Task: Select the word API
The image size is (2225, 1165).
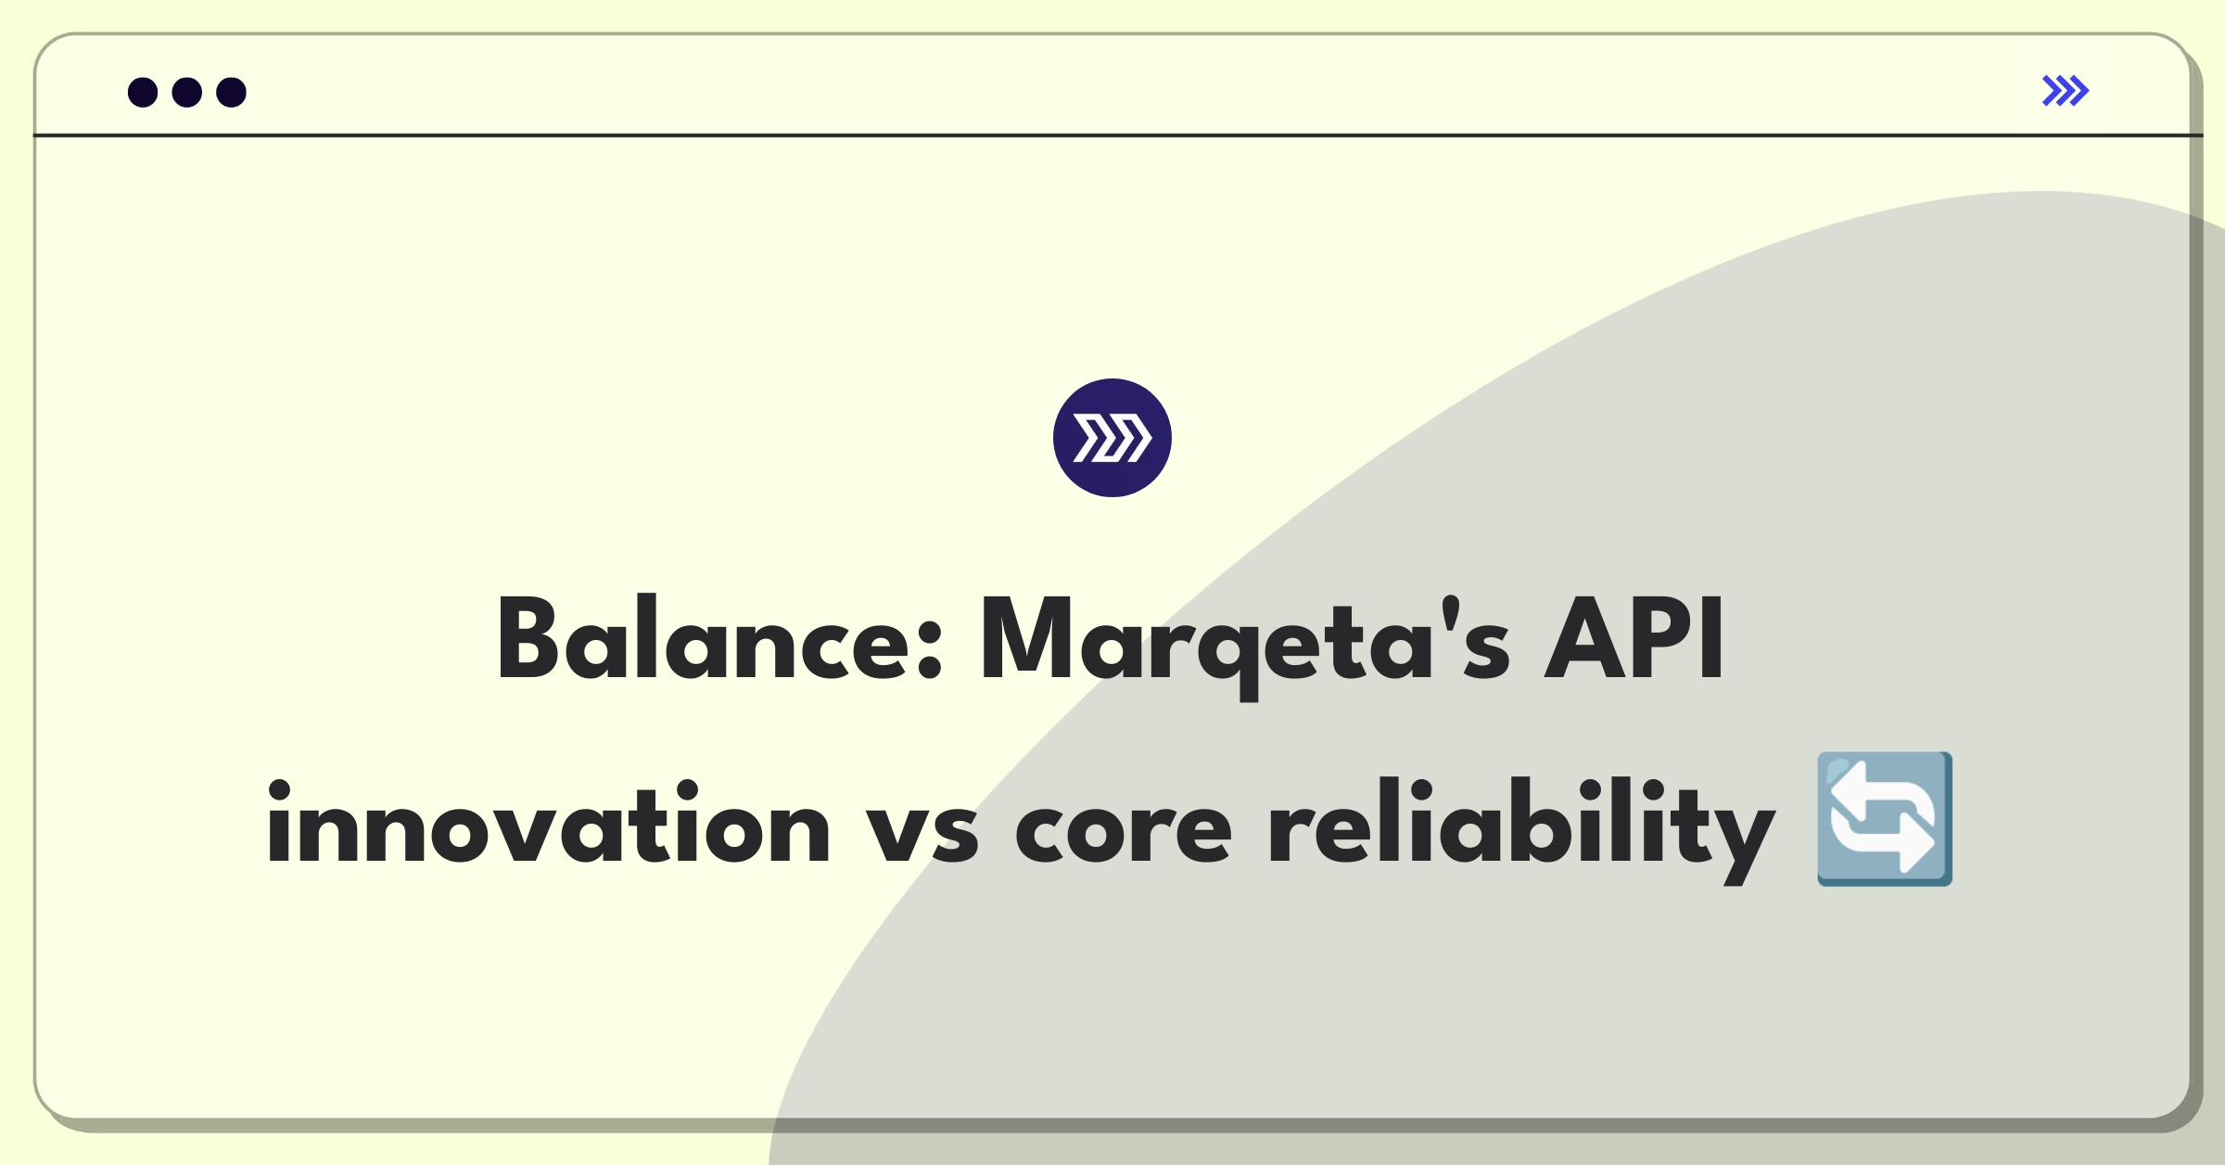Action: [1634, 638]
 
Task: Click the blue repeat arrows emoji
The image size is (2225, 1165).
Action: [1885, 819]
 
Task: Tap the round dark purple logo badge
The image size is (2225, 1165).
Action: [1112, 438]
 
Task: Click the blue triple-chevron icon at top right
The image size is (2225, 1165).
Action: [2066, 91]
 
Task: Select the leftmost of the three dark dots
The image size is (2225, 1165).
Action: [143, 92]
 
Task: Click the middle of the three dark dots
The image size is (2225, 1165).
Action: [187, 92]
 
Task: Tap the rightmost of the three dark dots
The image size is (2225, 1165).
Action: [232, 92]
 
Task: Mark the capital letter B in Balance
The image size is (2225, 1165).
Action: [528, 638]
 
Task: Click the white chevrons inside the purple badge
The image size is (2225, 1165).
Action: [1112, 438]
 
